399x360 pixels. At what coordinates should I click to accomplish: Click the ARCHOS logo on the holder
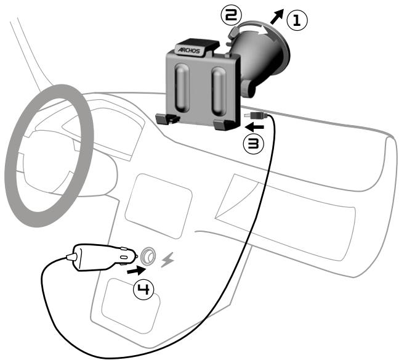click(x=190, y=49)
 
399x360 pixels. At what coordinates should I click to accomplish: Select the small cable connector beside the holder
click(x=255, y=115)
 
